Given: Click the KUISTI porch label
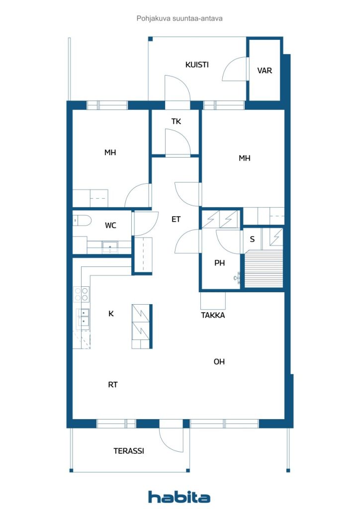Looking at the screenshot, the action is (197, 65).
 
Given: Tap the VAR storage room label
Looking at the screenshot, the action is (265, 71).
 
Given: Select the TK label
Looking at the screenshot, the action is (176, 121).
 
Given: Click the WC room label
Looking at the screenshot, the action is (110, 225).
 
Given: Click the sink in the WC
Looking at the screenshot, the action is (110, 248).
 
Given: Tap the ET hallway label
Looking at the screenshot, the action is (176, 219).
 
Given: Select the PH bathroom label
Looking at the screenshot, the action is (219, 263).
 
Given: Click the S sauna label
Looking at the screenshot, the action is (252, 240).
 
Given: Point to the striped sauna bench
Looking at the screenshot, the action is (264, 268).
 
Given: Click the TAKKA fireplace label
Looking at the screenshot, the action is (213, 315).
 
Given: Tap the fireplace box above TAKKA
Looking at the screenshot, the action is (213, 301).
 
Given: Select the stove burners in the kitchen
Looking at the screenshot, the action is (82, 294).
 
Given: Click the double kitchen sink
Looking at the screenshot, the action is (83, 317).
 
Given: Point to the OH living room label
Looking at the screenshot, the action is (219, 362).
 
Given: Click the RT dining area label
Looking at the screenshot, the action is (113, 385).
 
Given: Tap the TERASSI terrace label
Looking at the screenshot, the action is (129, 451).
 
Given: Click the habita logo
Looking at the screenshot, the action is (179, 497).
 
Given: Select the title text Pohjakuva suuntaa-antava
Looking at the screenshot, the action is (180, 18).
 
